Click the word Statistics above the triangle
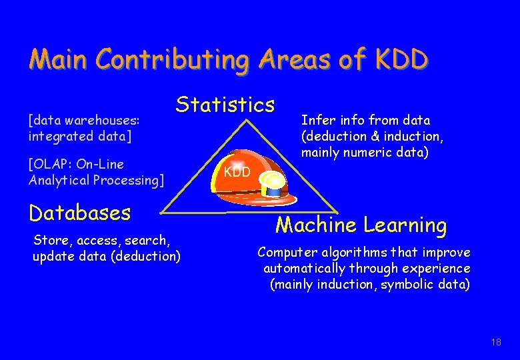click(225, 105)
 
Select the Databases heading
click(79, 213)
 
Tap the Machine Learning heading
click(361, 225)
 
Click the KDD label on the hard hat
click(237, 172)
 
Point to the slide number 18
click(495, 342)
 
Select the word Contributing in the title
click(171, 60)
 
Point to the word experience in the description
click(437, 269)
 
